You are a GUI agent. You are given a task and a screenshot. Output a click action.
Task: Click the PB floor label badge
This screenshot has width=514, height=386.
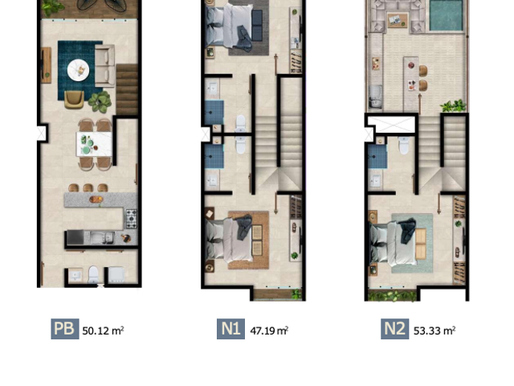click(x=65, y=329)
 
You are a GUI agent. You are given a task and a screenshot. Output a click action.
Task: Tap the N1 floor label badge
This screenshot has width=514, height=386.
click(x=230, y=329)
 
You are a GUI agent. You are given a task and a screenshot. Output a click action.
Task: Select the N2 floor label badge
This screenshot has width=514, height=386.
click(x=394, y=329)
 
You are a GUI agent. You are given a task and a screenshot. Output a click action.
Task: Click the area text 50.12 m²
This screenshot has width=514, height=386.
click(x=103, y=331)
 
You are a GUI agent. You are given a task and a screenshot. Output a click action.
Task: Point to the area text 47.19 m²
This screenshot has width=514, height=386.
click(x=269, y=331)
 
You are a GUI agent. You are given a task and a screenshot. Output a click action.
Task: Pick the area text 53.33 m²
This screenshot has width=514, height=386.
click(x=434, y=331)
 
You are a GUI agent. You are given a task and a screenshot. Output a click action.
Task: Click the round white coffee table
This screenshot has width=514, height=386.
click(x=78, y=70)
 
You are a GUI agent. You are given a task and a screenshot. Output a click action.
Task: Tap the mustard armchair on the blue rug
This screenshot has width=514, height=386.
click(x=74, y=100)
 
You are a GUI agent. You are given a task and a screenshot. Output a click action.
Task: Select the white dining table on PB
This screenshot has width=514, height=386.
click(x=95, y=144)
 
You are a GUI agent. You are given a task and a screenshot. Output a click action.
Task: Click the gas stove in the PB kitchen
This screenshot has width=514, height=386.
click(x=132, y=218)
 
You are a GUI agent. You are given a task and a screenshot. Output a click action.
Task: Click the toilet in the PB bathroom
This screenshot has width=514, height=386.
click(x=93, y=274)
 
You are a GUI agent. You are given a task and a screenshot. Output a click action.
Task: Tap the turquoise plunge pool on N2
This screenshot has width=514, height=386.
click(x=446, y=15)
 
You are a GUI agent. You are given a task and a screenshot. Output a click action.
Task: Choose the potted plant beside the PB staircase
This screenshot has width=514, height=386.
click(x=100, y=101)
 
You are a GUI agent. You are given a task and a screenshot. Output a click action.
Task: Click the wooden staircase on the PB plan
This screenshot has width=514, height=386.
click(x=127, y=89)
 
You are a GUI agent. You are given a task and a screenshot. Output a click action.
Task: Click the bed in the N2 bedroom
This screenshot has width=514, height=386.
click(x=394, y=243)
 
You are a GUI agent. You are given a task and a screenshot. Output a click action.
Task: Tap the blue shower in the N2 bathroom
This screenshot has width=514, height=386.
click(x=377, y=157)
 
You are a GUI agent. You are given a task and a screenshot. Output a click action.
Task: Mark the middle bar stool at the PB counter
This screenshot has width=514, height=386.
click(x=88, y=187)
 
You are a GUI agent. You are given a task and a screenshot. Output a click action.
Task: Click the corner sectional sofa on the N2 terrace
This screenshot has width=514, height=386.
click(x=398, y=16)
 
